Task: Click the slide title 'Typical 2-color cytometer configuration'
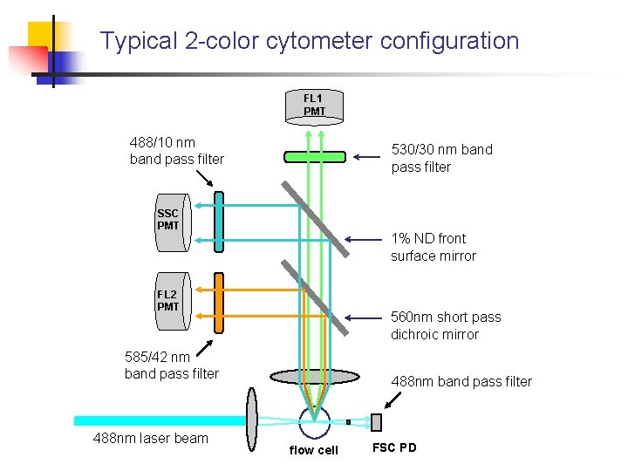coord(310,41)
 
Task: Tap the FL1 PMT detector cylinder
coord(314,107)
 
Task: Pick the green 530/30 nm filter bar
coord(314,157)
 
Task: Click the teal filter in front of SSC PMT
coord(219,222)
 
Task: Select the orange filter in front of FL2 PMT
coord(219,302)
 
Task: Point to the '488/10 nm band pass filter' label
coord(176,150)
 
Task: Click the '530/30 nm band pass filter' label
coord(441,158)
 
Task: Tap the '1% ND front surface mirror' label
coord(433,247)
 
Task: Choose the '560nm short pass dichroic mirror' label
coord(446,325)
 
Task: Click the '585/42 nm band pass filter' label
coord(172,365)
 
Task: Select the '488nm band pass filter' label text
coord(461,381)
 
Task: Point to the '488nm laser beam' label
coord(151,438)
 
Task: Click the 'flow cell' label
coord(313,450)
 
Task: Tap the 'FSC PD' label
coord(394,447)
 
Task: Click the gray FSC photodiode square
coord(377,422)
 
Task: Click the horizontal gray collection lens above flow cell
coord(314,377)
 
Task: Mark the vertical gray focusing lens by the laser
coord(253,420)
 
